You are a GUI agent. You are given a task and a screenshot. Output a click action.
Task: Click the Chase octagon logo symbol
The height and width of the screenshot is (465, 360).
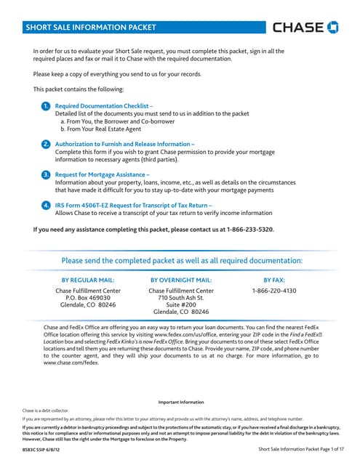333,28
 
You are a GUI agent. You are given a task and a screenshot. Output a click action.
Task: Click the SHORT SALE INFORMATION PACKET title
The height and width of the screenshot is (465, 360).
91,28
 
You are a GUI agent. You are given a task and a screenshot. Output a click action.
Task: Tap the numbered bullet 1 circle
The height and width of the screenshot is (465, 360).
46,106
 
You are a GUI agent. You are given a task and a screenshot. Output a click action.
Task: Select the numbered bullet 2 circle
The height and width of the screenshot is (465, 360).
46,145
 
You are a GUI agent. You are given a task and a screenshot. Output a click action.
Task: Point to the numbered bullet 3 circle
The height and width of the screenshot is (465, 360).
46,175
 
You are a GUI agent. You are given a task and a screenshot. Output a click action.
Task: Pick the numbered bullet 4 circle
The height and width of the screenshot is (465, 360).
46,206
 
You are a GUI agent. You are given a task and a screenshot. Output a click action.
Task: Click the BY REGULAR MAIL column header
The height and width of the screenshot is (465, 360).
87,279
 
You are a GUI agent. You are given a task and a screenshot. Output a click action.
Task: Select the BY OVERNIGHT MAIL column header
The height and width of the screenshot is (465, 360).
180,279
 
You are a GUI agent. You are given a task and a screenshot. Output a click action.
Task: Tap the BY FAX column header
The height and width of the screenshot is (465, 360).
274,279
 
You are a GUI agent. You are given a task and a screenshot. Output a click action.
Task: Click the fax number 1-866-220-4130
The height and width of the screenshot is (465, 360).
274,291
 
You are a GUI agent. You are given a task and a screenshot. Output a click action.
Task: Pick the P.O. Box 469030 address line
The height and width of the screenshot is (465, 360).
87,298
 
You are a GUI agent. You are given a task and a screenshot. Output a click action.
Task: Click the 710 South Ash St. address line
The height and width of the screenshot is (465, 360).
180,298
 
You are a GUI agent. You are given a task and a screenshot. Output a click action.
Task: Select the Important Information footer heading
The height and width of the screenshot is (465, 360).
181,403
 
